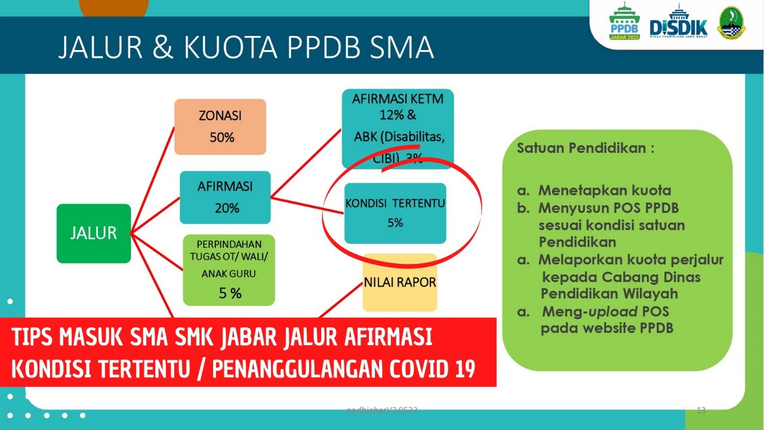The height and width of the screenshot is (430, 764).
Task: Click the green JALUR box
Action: [94, 233]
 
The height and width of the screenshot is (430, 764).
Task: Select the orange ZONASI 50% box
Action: [220, 127]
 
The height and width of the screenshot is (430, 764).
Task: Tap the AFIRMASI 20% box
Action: [225, 197]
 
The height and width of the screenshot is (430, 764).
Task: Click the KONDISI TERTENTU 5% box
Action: [395, 213]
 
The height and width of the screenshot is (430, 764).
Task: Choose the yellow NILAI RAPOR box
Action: [400, 282]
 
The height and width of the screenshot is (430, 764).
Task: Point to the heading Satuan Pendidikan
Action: [585, 148]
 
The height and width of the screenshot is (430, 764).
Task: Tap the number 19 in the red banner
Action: [463, 370]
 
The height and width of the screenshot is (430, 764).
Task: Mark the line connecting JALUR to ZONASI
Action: [152, 179]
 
